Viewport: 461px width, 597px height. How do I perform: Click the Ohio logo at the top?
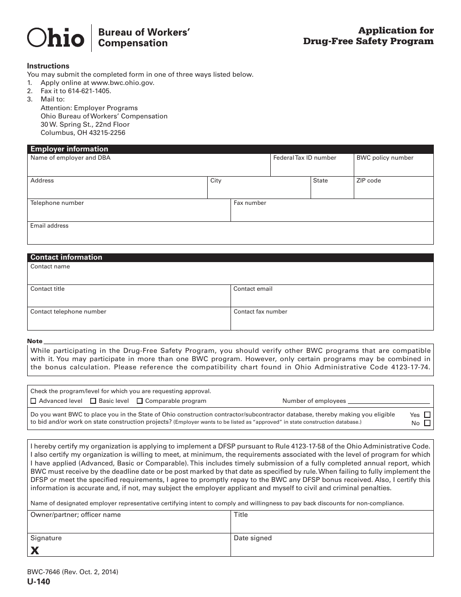click(55, 37)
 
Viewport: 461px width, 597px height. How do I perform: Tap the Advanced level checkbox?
click(33, 401)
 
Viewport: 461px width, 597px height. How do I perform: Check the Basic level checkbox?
click(93, 401)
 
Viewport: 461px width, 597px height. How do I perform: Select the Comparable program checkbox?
click(140, 401)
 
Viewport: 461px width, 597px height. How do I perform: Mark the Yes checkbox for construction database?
click(427, 415)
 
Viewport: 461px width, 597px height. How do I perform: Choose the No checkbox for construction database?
click(427, 423)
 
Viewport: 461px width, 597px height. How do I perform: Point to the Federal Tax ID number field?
click(312, 168)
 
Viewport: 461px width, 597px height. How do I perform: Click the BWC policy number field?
click(393, 168)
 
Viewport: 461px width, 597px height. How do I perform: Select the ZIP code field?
click(393, 190)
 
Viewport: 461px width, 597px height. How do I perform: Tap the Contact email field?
click(331, 298)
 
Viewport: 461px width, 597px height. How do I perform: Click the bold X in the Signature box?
click(35, 550)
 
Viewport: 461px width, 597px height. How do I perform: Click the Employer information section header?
click(69, 149)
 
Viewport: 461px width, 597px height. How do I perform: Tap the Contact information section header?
click(66, 257)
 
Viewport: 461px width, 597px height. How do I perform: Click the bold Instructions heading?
click(48, 66)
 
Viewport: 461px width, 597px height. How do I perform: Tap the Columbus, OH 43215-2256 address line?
click(83, 133)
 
